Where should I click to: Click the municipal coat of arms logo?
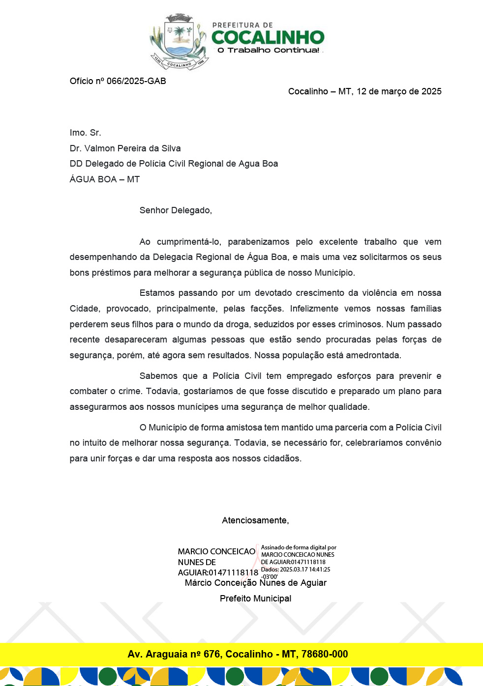(x=179, y=42)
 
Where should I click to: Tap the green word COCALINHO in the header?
(x=268, y=37)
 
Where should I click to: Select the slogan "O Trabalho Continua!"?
(x=269, y=50)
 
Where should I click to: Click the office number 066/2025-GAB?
(x=136, y=81)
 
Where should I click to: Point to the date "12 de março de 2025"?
(x=399, y=91)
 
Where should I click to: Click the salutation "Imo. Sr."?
(x=86, y=133)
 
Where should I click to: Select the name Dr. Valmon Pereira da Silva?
(x=125, y=148)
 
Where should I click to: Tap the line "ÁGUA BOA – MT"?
(x=105, y=179)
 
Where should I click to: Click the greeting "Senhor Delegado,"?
(x=176, y=210)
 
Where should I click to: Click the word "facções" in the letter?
(x=267, y=309)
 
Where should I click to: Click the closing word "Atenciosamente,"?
(x=255, y=520)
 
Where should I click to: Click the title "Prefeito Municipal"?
(x=255, y=599)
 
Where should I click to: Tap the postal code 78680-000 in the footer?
(x=325, y=654)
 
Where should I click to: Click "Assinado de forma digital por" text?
(x=299, y=547)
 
